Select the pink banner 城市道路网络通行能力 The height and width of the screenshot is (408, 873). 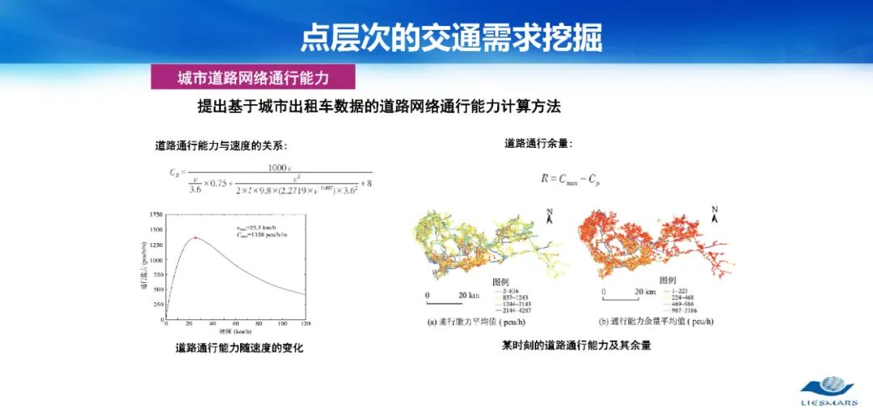click(253, 78)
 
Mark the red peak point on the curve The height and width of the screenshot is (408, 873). click(196, 238)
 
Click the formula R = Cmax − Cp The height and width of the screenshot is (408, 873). click(571, 179)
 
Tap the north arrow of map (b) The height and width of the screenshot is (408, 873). click(715, 214)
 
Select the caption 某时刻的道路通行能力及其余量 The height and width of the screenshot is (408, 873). click(576, 345)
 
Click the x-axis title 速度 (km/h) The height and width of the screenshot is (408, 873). click(235, 331)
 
